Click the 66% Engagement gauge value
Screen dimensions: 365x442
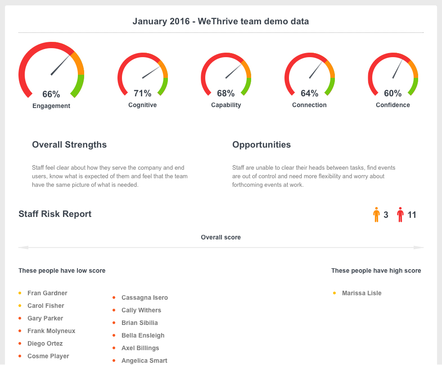click(x=51, y=95)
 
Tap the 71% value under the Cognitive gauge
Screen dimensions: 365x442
click(x=142, y=94)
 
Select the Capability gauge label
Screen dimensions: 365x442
click(x=226, y=105)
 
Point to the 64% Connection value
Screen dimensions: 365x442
click(x=309, y=94)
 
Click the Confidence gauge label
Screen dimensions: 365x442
click(x=393, y=105)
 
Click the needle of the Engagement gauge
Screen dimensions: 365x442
click(x=60, y=65)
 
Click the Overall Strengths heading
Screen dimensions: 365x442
click(x=69, y=144)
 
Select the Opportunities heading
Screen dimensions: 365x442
click(x=262, y=144)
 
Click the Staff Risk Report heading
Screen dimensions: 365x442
click(x=55, y=214)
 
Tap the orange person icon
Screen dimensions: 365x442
click(x=377, y=215)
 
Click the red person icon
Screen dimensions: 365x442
click(x=401, y=215)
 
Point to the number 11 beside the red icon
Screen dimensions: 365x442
click(x=412, y=215)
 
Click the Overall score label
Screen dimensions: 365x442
click(x=221, y=237)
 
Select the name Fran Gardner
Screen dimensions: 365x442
click(x=47, y=293)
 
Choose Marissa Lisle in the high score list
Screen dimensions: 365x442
click(x=361, y=293)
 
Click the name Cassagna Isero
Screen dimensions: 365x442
click(x=144, y=297)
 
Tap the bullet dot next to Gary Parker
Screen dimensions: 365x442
click(x=20, y=318)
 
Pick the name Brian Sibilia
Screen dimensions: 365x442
click(x=140, y=323)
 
